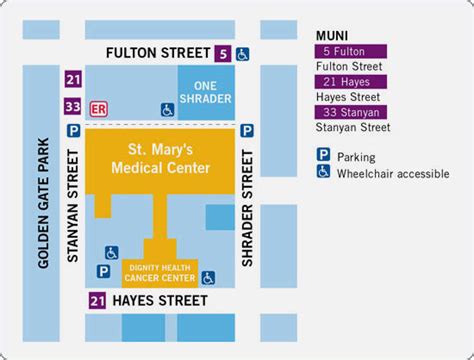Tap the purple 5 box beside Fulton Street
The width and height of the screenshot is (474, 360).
point(222,53)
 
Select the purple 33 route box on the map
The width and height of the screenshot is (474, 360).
point(71,105)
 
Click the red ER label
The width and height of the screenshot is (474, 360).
point(99,105)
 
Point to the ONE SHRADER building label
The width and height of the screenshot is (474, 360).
point(206,91)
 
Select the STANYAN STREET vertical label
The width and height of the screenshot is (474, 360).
point(71,205)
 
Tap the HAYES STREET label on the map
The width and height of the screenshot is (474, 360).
point(160,300)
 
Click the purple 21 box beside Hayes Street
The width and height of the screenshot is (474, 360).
point(97,300)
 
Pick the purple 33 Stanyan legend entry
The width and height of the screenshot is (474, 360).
point(350,112)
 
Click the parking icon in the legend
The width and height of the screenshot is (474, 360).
point(323,155)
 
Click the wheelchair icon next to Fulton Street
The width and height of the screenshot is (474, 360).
point(243,53)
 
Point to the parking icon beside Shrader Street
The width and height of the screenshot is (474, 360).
point(246,130)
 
